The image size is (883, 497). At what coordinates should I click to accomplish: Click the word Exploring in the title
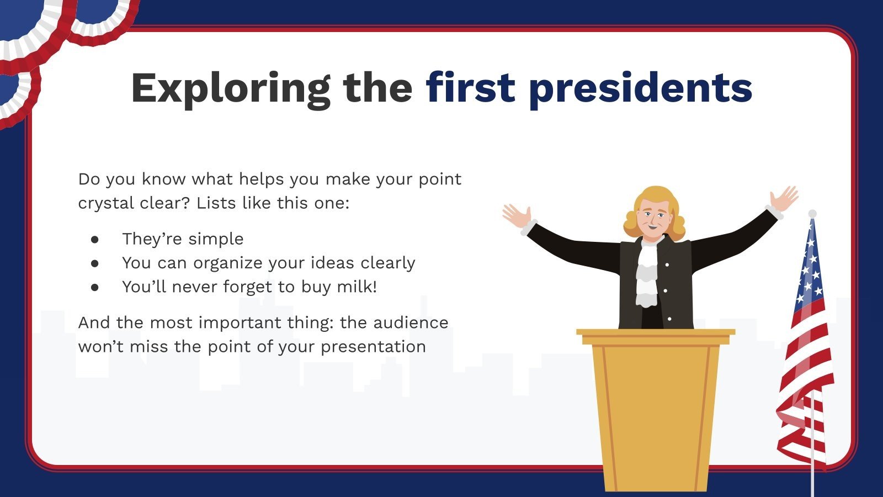(230, 88)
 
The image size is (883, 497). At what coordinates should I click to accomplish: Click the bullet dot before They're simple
(95, 239)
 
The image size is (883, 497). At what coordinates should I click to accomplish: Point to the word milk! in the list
(357, 287)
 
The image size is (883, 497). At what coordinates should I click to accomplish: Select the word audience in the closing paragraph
(411, 322)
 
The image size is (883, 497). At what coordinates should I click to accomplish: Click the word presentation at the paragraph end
(373, 347)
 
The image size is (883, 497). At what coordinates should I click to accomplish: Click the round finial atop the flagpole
(812, 214)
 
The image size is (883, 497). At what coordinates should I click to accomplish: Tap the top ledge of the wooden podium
(656, 332)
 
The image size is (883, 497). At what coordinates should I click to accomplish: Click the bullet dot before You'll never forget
(95, 287)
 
